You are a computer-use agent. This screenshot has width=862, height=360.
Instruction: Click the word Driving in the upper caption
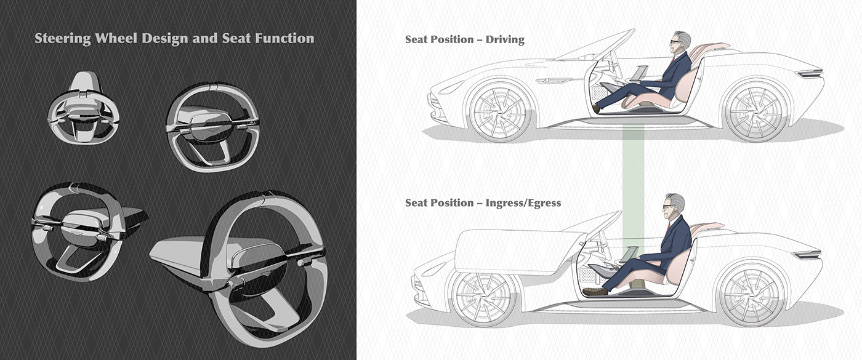pyautogui.click(x=505, y=40)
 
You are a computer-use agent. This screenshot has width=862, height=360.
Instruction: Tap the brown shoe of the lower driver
pyautogui.click(x=595, y=291)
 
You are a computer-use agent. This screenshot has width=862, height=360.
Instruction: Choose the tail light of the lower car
pyautogui.click(x=807, y=254)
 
